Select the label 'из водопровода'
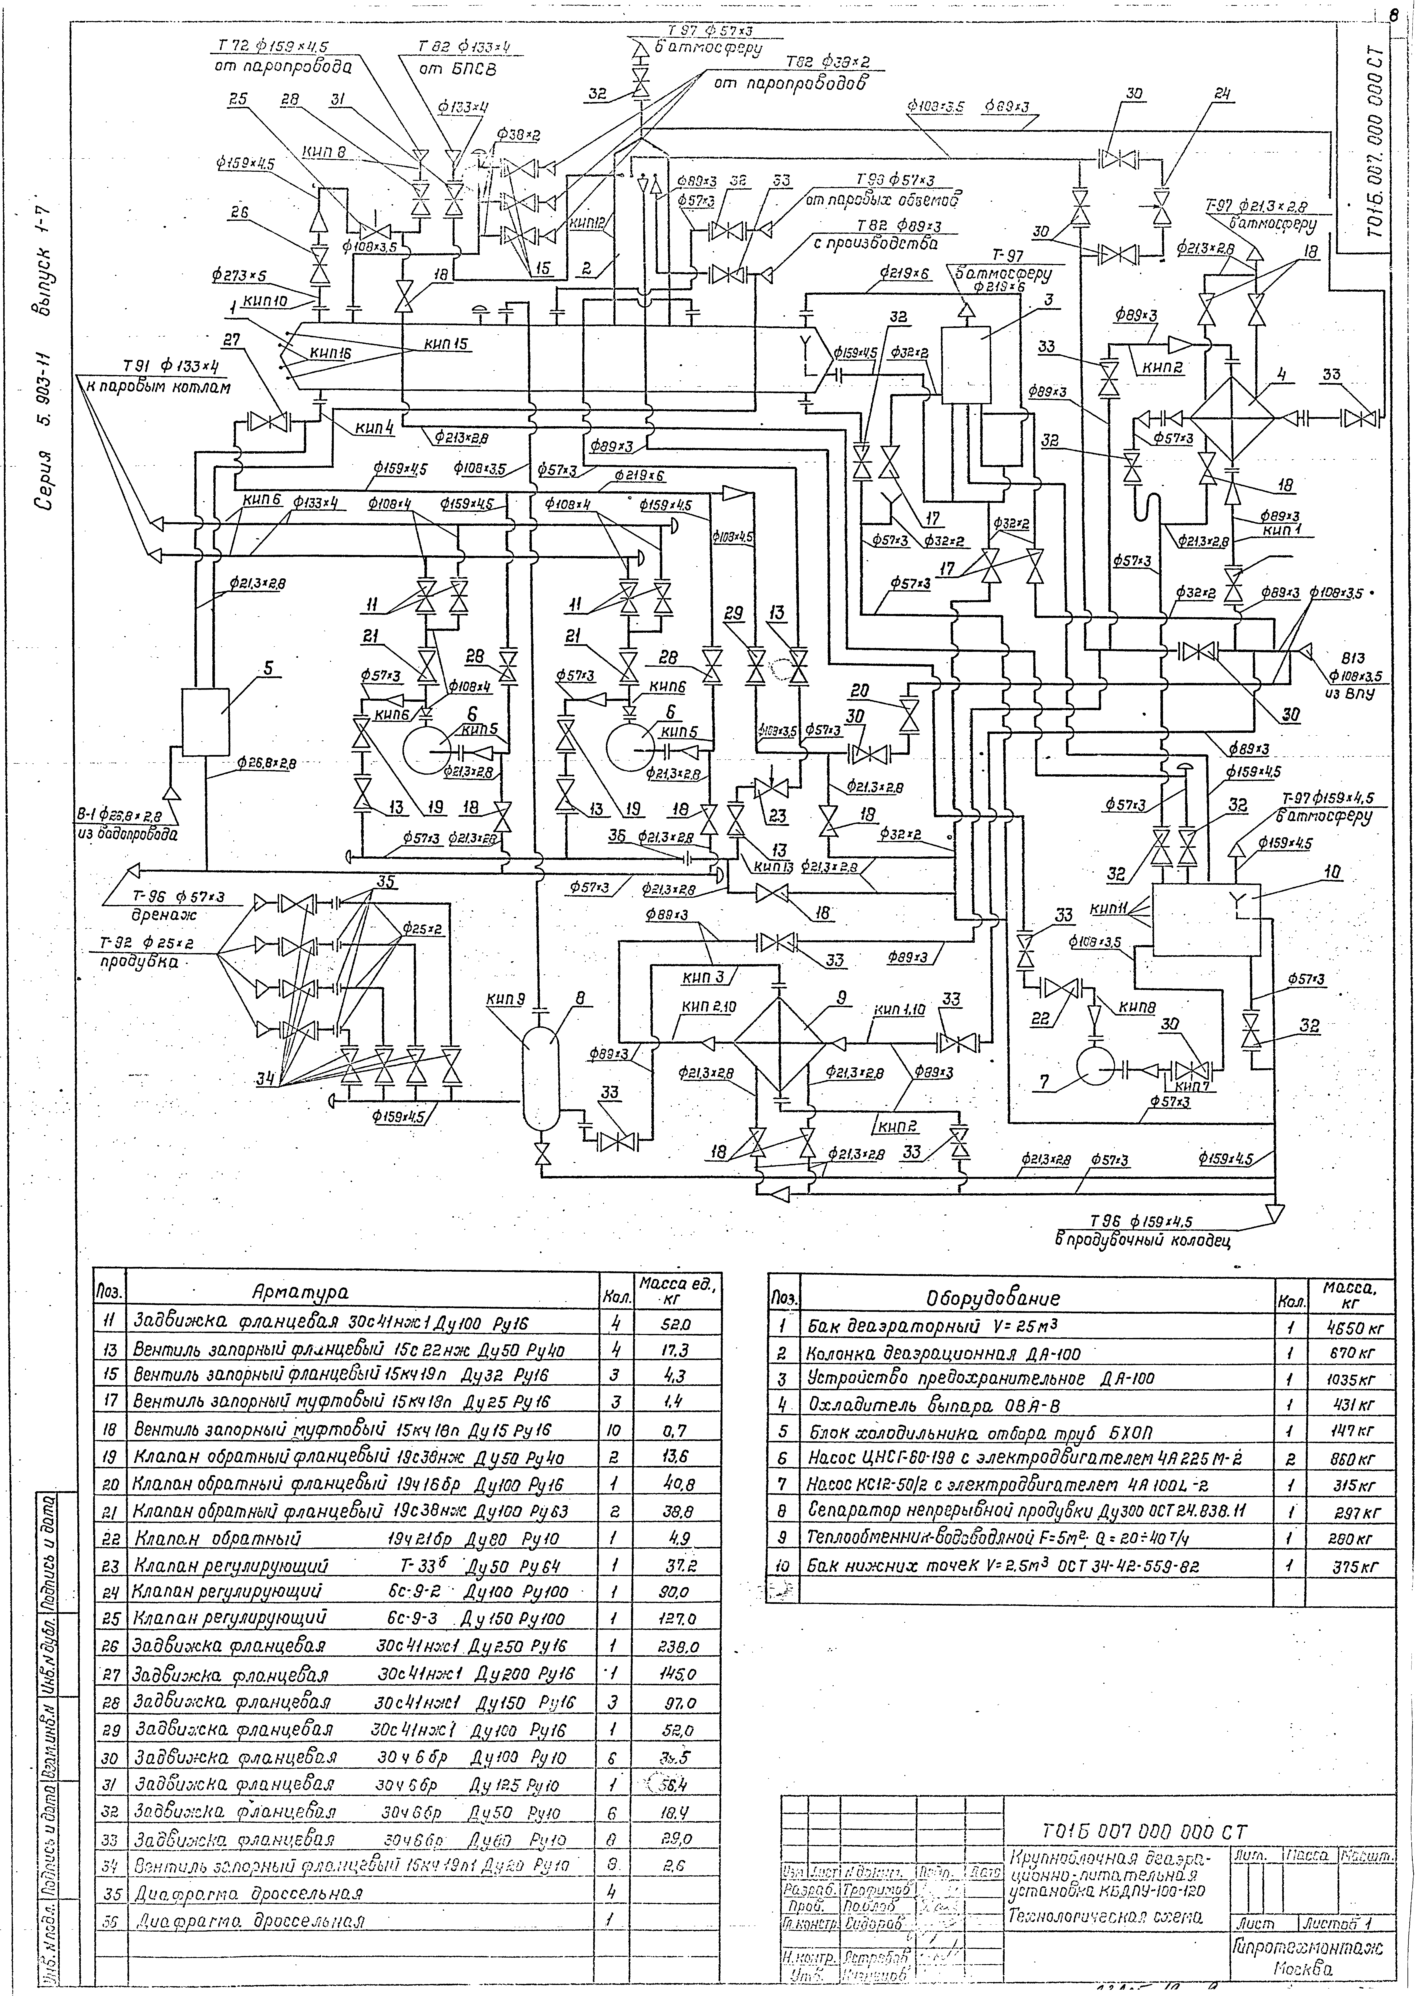click(x=127, y=834)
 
